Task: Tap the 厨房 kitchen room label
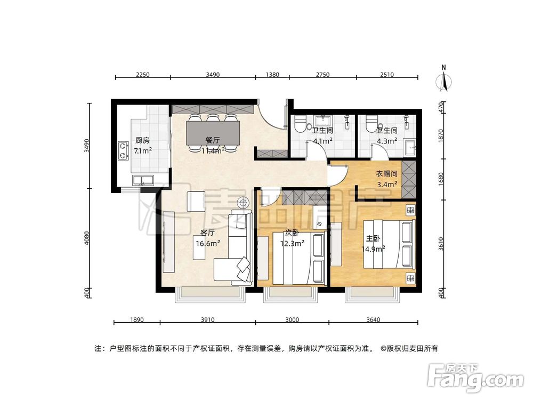click(142, 141)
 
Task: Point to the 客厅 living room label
click(207, 233)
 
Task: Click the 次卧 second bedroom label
click(292, 233)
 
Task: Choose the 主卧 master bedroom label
click(373, 238)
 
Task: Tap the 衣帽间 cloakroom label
click(387, 173)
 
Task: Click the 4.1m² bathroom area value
click(323, 141)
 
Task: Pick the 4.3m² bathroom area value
click(387, 141)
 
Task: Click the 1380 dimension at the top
click(272, 75)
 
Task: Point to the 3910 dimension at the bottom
click(207, 320)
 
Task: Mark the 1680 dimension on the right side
click(440, 178)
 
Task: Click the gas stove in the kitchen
click(123, 150)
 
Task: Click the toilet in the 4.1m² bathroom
click(299, 124)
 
